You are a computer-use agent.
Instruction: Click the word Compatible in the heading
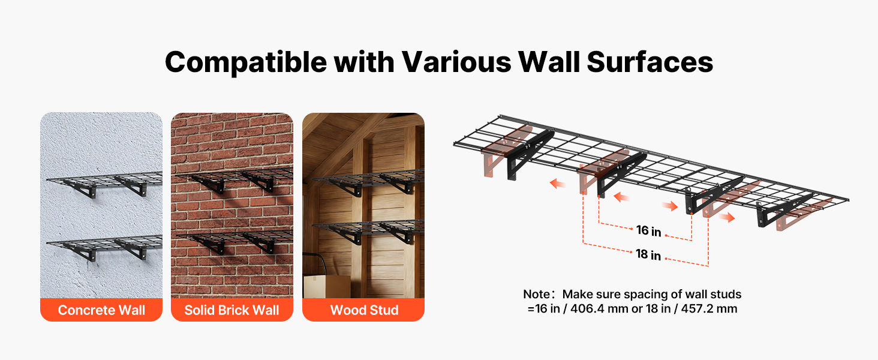[x=246, y=62]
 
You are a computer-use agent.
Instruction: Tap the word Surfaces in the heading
[x=650, y=62]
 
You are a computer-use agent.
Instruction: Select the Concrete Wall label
[x=101, y=310]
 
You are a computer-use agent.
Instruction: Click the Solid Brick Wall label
[x=231, y=310]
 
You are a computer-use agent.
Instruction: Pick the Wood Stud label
[x=364, y=310]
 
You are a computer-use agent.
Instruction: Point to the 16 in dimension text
[x=649, y=230]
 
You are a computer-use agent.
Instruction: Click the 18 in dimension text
[x=648, y=254]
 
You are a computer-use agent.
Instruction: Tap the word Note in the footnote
[x=536, y=294]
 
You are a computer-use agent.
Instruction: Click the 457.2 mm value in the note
[x=709, y=308]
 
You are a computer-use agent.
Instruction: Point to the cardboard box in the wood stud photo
[x=327, y=286]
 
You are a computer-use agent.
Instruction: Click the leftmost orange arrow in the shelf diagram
[x=557, y=183]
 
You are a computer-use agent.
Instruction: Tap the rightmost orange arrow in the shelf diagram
[x=727, y=217]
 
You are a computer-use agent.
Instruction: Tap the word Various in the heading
[x=456, y=62]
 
